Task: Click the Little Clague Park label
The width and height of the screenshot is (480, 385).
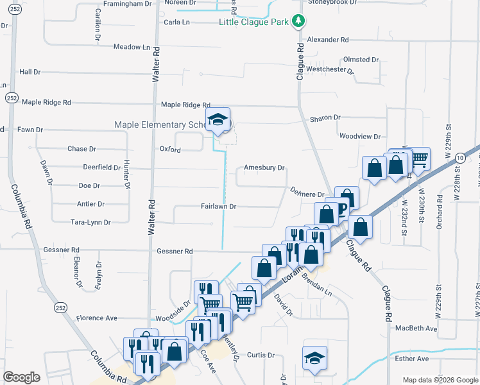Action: (x=255, y=22)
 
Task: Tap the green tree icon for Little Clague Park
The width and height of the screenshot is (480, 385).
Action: (x=298, y=22)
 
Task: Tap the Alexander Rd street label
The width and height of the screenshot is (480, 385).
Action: (x=327, y=40)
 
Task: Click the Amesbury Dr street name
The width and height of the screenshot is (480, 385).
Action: (x=264, y=168)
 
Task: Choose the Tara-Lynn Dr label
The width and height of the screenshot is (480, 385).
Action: (x=90, y=223)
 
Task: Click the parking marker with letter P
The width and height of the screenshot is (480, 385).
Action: (x=342, y=207)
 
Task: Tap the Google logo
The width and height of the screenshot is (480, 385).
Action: (x=21, y=377)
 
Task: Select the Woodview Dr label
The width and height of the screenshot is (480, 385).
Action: (x=360, y=137)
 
